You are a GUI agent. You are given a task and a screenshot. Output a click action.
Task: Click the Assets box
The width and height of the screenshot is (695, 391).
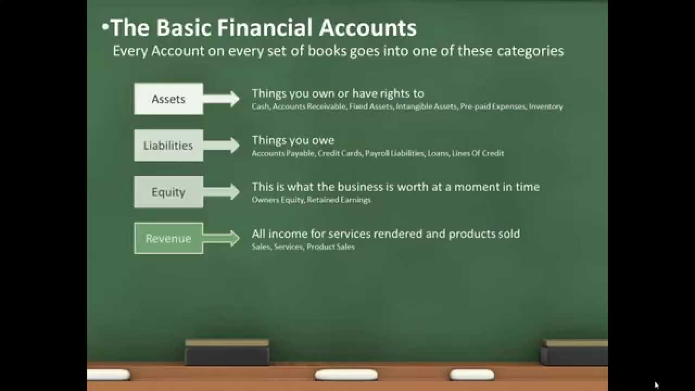168,99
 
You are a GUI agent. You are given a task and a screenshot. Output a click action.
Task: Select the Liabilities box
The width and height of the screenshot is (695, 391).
168,146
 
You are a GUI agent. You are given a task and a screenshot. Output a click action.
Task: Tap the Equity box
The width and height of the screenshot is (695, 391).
168,192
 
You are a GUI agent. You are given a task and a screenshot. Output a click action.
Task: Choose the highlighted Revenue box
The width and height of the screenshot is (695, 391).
168,238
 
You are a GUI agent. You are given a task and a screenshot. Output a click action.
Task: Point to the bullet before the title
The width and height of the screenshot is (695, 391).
105,28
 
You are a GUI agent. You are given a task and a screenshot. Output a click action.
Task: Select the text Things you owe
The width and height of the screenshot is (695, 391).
293,141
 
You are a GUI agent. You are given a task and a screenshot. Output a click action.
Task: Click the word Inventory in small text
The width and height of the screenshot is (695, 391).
546,107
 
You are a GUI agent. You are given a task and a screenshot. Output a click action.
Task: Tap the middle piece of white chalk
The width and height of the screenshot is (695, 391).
346,375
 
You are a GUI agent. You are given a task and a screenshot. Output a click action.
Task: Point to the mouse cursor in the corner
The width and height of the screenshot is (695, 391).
656,385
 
